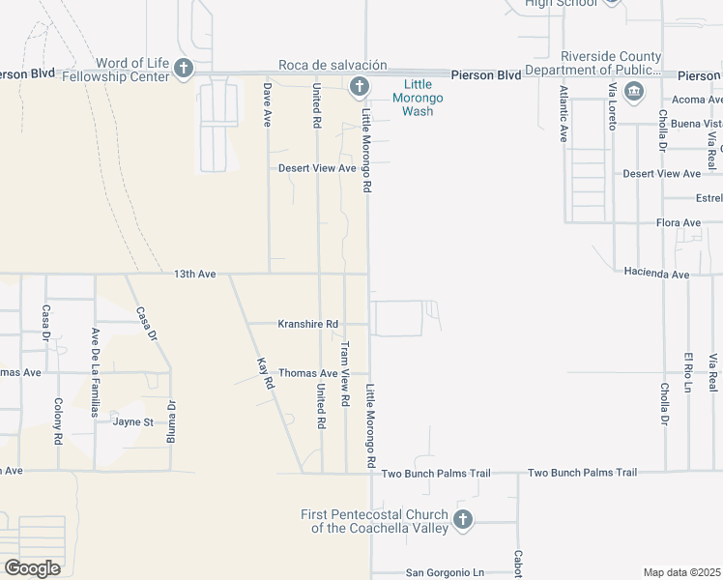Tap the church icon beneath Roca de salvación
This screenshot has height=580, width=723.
(359, 87)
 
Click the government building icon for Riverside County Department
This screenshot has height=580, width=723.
(634, 92)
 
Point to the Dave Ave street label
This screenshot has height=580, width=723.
(269, 105)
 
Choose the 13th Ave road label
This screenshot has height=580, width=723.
(195, 275)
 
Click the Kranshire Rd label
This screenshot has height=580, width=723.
(307, 324)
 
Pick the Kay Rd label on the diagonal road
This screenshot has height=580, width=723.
(262, 373)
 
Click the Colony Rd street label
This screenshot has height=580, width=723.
(58, 420)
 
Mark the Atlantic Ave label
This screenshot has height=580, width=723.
(564, 114)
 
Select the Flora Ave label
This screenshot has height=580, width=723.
(678, 223)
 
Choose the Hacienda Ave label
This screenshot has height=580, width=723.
(656, 275)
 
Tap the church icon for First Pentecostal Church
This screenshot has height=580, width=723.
(462, 520)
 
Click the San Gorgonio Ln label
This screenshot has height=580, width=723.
(444, 572)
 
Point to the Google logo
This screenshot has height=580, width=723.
(33, 567)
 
